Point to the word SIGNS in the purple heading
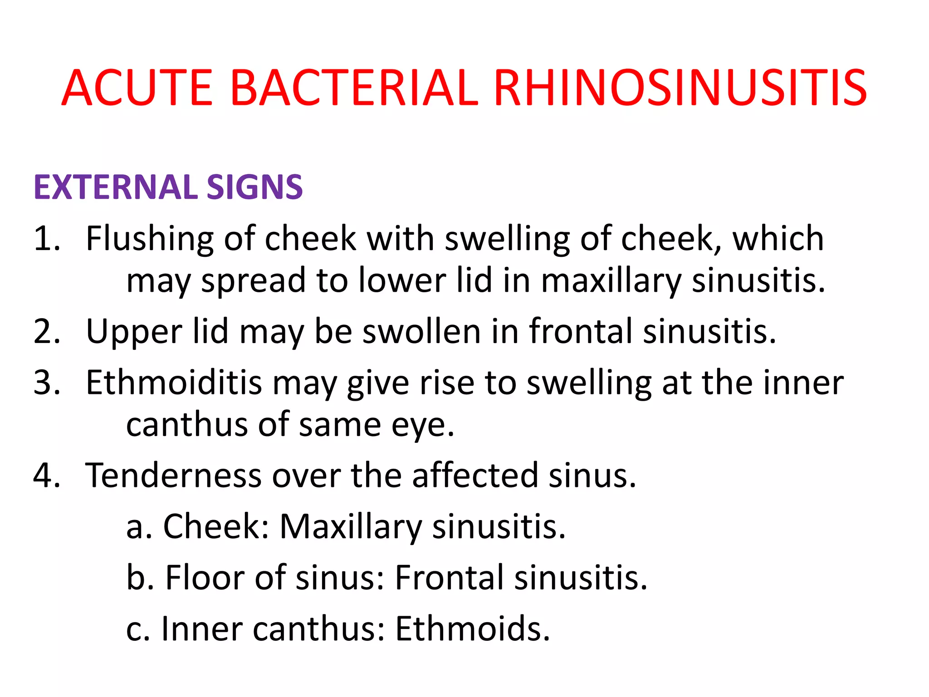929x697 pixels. pyautogui.click(x=254, y=187)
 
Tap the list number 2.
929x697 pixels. pyautogui.click(x=46, y=331)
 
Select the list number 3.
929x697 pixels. pyautogui.click(x=46, y=383)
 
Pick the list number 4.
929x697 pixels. pyautogui.click(x=46, y=476)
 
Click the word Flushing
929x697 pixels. pyautogui.click(x=149, y=239)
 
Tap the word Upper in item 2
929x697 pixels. pyautogui.click(x=134, y=332)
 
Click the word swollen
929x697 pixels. pyautogui.click(x=421, y=331)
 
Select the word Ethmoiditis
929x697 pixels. pyautogui.click(x=174, y=383)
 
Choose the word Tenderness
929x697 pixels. pyautogui.click(x=174, y=476)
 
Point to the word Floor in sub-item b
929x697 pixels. pyautogui.click(x=205, y=578)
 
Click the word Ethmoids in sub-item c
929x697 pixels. pyautogui.click(x=472, y=629)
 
